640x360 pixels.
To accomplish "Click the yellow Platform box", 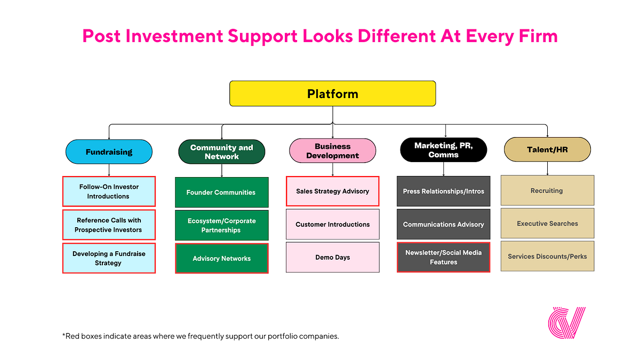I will pos(332,94).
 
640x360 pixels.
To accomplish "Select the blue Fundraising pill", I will pos(109,152).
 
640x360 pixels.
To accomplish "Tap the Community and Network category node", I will pos(221,152).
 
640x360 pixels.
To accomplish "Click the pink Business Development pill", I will pos(332,151).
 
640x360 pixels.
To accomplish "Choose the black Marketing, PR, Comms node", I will pos(443,150).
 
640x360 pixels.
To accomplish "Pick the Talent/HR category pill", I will pos(547,150).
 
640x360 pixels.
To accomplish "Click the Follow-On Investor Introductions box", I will pos(109,191).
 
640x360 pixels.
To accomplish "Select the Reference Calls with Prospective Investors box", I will pos(109,225).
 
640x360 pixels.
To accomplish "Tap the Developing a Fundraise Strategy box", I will pos(109,258).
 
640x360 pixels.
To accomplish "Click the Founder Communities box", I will pos(221,193).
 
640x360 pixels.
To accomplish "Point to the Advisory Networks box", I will pos(221,259).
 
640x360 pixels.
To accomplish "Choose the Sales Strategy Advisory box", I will pos(332,191).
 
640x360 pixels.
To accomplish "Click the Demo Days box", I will pos(332,257).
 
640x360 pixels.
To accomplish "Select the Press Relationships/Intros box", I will pos(443,191).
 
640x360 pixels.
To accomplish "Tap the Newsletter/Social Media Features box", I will pos(443,257).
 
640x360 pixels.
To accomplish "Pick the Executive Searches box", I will pos(547,223).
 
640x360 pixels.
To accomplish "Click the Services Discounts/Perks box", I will pos(547,257).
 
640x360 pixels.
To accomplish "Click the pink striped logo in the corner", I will pos(566,323).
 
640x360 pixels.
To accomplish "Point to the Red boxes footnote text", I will pos(201,336).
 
